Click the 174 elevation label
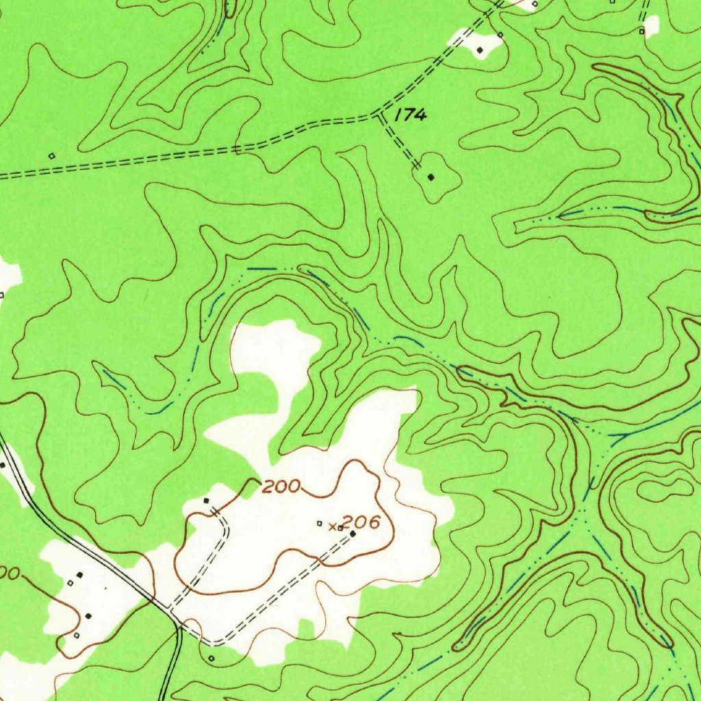pos(410,115)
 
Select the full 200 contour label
pos(281,487)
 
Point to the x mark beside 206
pos(332,526)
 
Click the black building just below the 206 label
pos(353,533)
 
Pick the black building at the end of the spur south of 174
pos(431,177)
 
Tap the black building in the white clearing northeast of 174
pos(480,50)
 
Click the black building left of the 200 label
pos(207,501)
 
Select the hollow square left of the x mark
pos(319,524)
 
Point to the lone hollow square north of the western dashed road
pos(51,155)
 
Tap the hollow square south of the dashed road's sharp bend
pos(211,659)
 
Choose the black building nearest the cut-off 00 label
pos(79,574)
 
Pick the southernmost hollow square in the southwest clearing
pos(76,635)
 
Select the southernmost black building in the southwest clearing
pos(88,616)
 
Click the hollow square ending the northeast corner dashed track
pos(641,31)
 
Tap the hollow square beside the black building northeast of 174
pos(500,34)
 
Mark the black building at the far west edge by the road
pos(3,466)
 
